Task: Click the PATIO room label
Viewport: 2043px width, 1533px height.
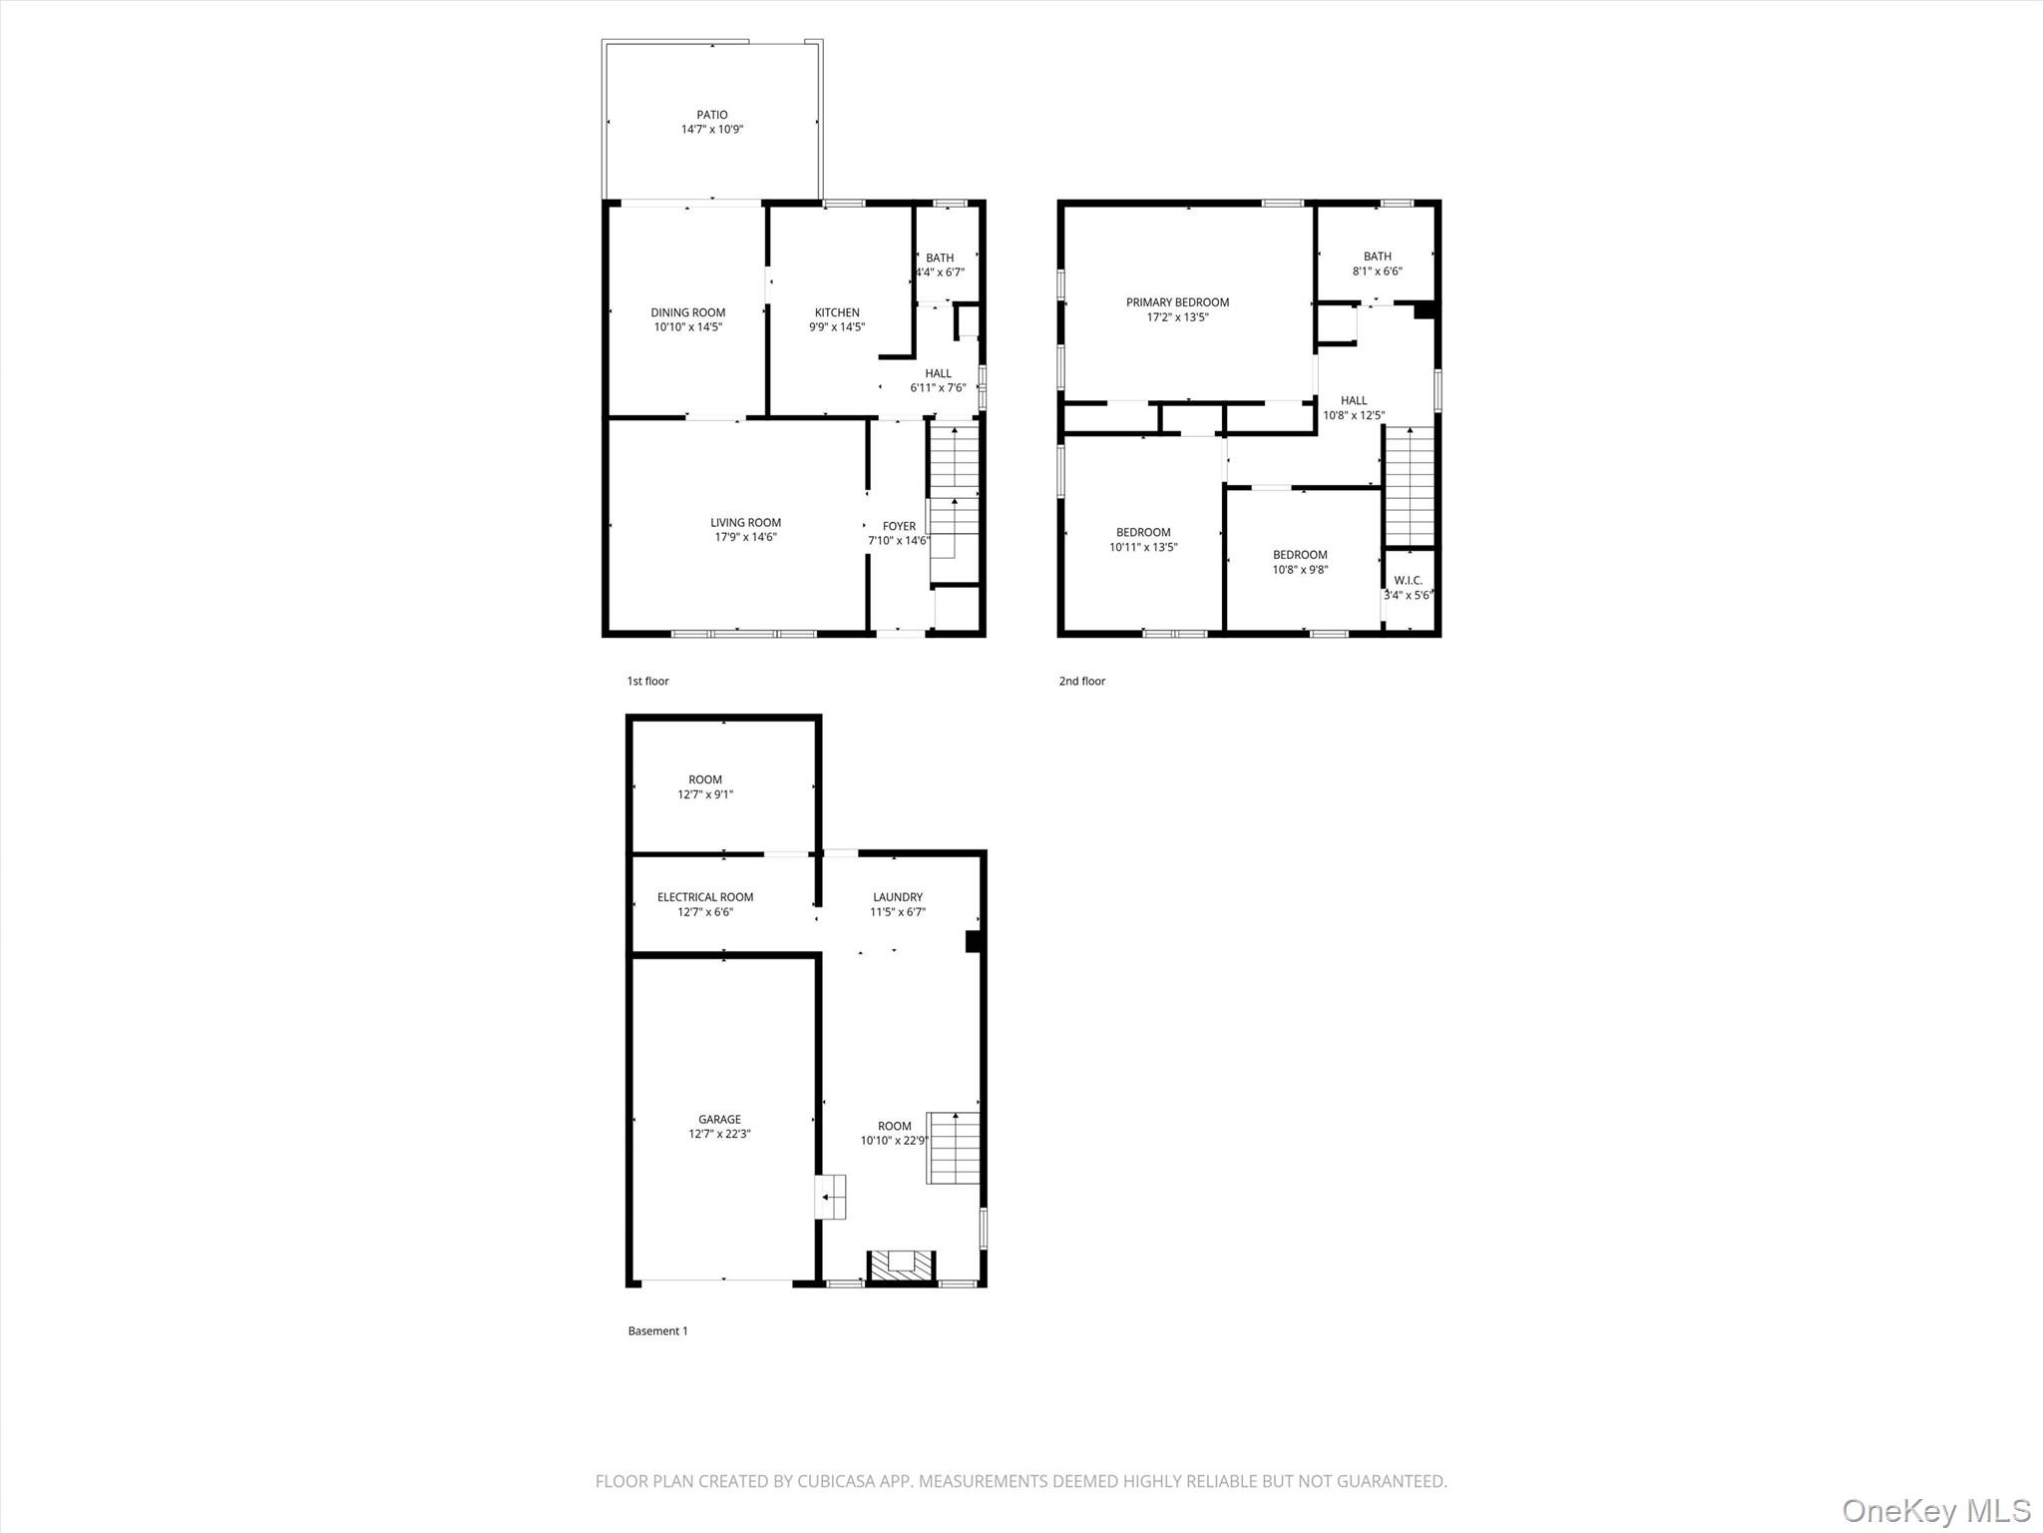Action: click(x=711, y=115)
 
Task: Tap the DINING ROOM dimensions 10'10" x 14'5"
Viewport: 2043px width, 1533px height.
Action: click(x=687, y=327)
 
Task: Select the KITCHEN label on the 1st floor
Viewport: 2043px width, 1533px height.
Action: click(x=836, y=312)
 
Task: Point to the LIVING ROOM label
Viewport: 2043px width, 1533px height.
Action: click(x=745, y=522)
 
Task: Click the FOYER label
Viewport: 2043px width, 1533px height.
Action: click(x=898, y=526)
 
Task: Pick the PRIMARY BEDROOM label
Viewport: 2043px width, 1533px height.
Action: click(x=1177, y=302)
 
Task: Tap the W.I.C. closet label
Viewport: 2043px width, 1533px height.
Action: click(x=1408, y=581)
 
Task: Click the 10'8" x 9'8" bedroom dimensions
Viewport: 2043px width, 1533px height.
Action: click(x=1300, y=570)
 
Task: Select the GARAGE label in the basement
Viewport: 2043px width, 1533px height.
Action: click(x=719, y=1119)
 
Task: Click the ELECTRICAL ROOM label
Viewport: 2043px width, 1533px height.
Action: click(x=704, y=897)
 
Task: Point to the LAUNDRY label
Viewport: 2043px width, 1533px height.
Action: click(x=897, y=897)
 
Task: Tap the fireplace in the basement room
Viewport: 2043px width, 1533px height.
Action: click(x=902, y=1265)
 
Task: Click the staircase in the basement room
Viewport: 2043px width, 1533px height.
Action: click(x=954, y=1148)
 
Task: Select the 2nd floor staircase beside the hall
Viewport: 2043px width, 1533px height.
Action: click(x=1409, y=485)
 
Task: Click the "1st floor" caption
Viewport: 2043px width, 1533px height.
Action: click(x=647, y=681)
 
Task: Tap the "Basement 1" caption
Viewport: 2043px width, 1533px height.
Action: click(x=657, y=1330)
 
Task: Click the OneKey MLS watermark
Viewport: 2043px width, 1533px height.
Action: click(x=1935, y=1510)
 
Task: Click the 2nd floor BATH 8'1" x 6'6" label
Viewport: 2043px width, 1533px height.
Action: click(x=1377, y=263)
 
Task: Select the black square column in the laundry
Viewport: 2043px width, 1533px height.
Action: click(x=975, y=942)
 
